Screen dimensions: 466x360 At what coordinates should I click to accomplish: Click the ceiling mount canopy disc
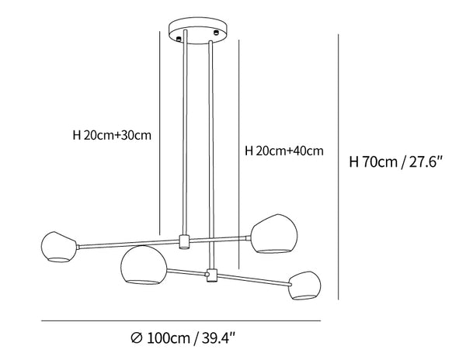pyautogui.click(x=199, y=30)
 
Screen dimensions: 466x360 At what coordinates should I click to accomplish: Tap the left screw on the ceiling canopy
pyautogui.click(x=179, y=38)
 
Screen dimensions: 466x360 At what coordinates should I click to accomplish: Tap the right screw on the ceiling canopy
pyautogui.click(x=217, y=32)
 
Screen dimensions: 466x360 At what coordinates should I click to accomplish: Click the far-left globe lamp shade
pyautogui.click(x=59, y=247)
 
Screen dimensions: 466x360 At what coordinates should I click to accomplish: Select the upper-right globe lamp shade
pyautogui.click(x=273, y=234)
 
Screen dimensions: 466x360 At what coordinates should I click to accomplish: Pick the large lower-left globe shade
pyautogui.click(x=144, y=265)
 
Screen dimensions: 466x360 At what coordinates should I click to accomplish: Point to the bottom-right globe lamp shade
pyautogui.click(x=304, y=286)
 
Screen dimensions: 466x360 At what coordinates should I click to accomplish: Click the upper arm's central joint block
pyautogui.click(x=184, y=241)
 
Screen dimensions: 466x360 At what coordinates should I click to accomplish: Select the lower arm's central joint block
pyautogui.click(x=211, y=275)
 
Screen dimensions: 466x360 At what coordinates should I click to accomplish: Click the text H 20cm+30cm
pyautogui.click(x=112, y=135)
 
